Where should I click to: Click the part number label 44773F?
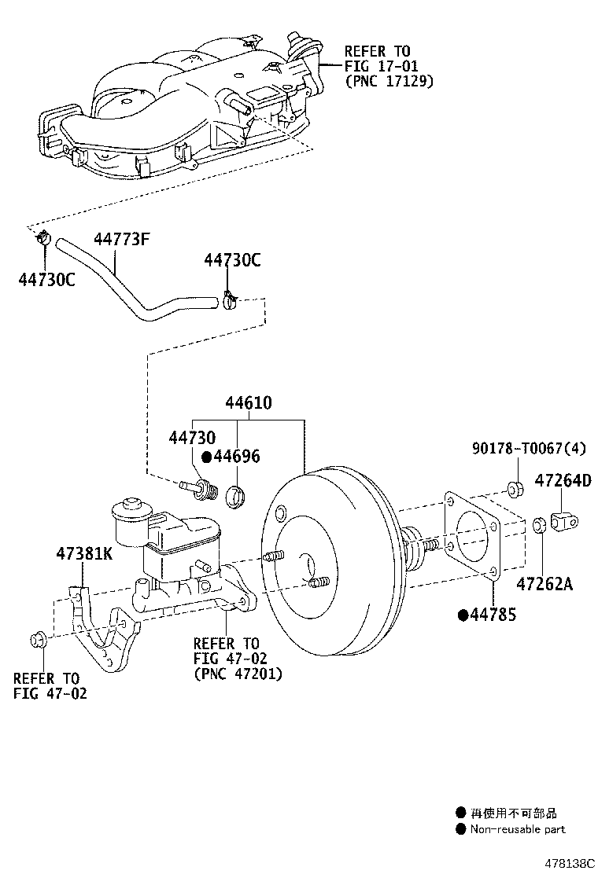pos(122,239)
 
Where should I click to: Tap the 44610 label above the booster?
pos(248,402)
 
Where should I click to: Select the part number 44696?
pos(238,457)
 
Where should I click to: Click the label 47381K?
pos(83,553)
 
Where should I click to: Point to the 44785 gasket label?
pos(493,615)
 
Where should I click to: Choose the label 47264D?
pos(563,480)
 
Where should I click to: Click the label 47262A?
pos(544,584)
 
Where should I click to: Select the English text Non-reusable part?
pos(518,829)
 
